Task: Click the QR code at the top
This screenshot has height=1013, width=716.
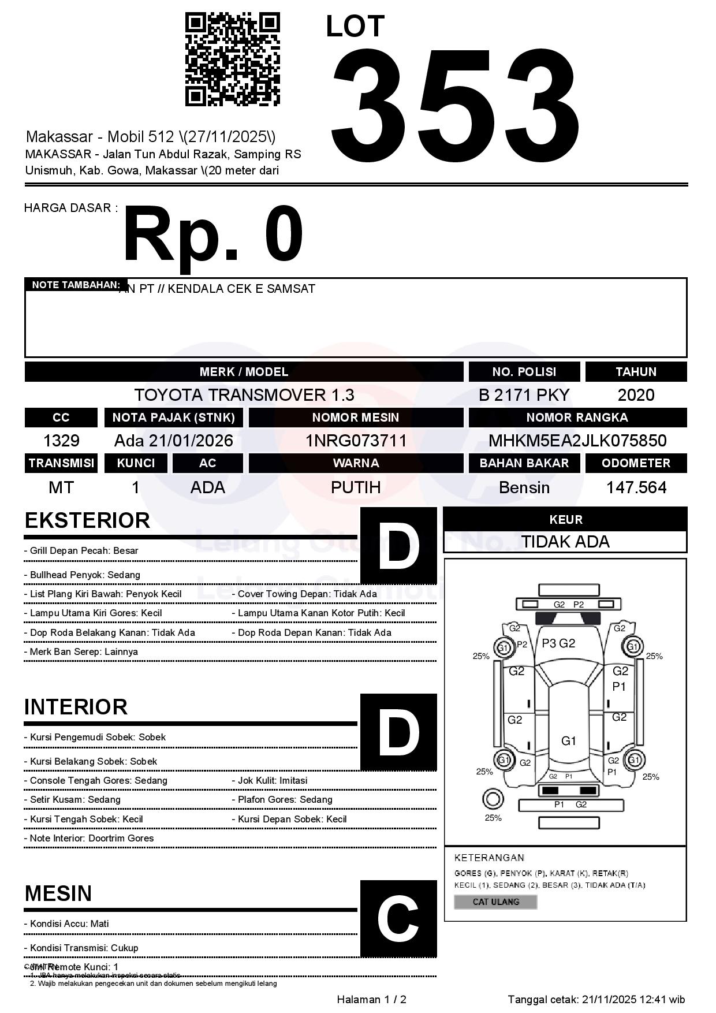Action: tap(232, 59)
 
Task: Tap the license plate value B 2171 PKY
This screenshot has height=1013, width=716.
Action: tap(524, 395)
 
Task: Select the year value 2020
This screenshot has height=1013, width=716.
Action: tap(636, 395)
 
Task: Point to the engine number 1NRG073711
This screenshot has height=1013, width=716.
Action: tap(356, 441)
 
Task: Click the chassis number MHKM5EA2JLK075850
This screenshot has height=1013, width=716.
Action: tap(577, 441)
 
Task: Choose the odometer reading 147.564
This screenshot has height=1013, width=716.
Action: tap(636, 487)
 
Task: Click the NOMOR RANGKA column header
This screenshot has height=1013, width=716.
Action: tap(577, 417)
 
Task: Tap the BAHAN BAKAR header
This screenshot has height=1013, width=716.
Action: tap(524, 463)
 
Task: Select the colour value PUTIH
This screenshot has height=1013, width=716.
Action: tap(356, 487)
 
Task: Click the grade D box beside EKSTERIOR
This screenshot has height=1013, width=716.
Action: tap(398, 545)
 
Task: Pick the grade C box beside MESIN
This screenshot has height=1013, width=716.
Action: tap(398, 918)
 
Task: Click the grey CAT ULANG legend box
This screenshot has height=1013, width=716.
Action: tap(495, 902)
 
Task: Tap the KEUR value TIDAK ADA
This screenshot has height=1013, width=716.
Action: tap(565, 542)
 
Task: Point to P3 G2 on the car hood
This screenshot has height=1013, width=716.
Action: tap(558, 643)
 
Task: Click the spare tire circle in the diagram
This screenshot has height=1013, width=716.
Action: tap(493, 799)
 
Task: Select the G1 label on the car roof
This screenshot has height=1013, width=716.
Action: tap(569, 740)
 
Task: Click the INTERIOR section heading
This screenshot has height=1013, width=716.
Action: tap(76, 707)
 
